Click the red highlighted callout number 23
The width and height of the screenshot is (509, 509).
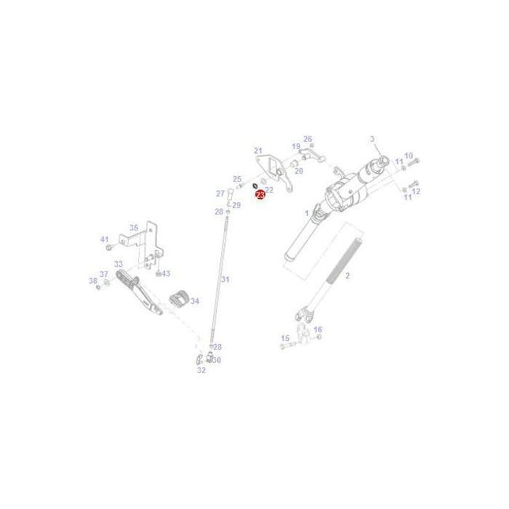tap(260, 194)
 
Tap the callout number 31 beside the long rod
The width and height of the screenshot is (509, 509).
tap(225, 279)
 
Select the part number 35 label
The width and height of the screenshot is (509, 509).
tap(133, 227)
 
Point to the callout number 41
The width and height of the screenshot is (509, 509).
tap(103, 238)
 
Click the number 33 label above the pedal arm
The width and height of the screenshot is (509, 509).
tap(118, 264)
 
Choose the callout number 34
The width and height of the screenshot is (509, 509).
tap(195, 301)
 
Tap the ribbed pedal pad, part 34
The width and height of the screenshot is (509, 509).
tap(179, 300)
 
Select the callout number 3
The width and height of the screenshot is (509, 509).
tap(372, 139)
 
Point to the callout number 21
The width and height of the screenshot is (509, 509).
tap(408, 155)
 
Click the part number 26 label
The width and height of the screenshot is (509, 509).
tap(308, 139)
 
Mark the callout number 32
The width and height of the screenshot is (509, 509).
tap(201, 369)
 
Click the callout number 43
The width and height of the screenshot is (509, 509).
tap(166, 273)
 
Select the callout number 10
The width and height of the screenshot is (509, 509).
tap(408, 155)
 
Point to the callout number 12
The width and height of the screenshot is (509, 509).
tap(416, 191)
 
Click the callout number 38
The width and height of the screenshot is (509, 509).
tap(92, 280)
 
